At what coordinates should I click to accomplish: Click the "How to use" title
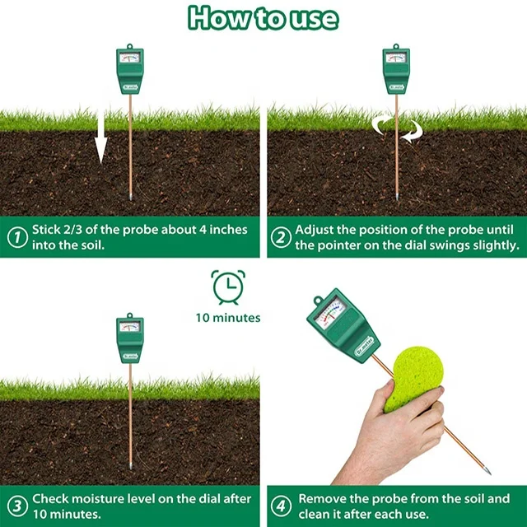tap(263, 18)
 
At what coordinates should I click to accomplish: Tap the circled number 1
tap(16, 238)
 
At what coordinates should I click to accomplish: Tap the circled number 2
tap(280, 238)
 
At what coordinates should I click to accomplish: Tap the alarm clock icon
tap(227, 287)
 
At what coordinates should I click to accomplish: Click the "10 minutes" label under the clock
tap(228, 317)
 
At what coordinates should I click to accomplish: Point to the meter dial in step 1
tap(129, 58)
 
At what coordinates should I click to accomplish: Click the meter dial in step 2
tap(396, 58)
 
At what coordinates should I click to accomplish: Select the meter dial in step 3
tap(129, 327)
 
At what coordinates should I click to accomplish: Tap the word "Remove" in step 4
tap(322, 499)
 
